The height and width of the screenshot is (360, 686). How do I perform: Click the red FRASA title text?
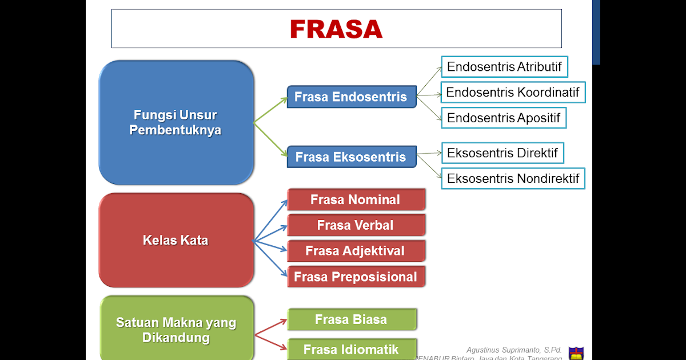click(336, 29)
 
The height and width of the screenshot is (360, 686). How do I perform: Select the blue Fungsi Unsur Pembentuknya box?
click(176, 122)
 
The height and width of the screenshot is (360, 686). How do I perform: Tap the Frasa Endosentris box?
click(351, 97)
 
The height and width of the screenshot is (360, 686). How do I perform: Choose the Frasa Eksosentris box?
click(351, 157)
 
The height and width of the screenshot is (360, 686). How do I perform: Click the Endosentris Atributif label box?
click(504, 66)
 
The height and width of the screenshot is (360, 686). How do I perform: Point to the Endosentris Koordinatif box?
click(512, 92)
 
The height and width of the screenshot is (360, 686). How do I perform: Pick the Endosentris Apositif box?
click(503, 118)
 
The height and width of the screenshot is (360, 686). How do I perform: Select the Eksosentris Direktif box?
click(502, 153)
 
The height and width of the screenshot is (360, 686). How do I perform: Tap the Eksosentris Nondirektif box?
click(513, 178)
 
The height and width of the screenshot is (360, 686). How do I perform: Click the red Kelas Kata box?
click(176, 240)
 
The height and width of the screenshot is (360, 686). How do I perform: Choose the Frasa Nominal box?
click(356, 199)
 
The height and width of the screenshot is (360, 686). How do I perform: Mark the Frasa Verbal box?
click(356, 225)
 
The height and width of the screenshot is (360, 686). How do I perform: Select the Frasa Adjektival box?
click(356, 251)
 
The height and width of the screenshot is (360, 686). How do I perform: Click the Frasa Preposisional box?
click(356, 277)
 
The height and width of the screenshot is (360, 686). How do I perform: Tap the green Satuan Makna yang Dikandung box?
click(176, 330)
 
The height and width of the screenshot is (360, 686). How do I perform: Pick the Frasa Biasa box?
click(351, 319)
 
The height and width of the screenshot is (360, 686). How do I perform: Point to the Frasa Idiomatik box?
click(351, 349)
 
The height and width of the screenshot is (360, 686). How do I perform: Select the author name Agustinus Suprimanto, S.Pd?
click(514, 350)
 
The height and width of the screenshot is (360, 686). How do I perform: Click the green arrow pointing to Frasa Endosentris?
click(271, 109)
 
